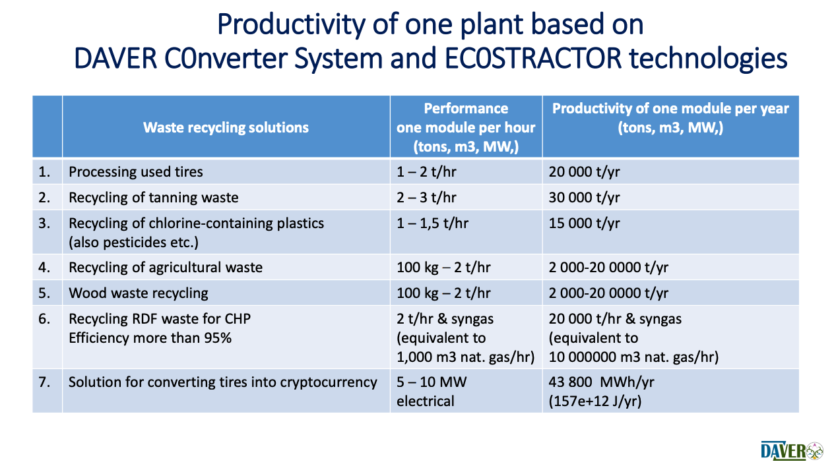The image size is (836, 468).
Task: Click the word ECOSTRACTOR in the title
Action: coord(533,59)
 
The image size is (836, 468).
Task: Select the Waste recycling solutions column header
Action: coord(226,127)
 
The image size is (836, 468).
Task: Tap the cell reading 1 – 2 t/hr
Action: coord(426,172)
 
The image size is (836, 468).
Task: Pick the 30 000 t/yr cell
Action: coord(584,198)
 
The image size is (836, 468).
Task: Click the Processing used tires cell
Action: coord(136,172)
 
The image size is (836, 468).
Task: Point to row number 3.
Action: coord(44,223)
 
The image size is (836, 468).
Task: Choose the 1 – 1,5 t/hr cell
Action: coord(432,223)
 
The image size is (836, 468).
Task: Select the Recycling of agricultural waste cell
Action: coord(166,268)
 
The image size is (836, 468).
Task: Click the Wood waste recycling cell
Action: coord(139,293)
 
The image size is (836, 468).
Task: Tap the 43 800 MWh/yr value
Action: coord(601,382)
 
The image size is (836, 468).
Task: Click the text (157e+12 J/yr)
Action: coord(595,401)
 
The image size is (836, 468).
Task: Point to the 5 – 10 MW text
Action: coord(432,382)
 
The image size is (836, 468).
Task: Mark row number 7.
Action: coord(44,382)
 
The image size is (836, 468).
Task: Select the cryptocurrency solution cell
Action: coord(223,382)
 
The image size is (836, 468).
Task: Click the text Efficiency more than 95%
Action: coord(150,338)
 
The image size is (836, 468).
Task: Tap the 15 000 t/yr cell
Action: coord(584,223)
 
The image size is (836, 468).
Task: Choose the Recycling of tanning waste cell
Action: coord(153,198)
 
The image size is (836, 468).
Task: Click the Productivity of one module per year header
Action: coord(670,118)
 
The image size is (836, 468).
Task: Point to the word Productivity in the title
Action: coord(291,24)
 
